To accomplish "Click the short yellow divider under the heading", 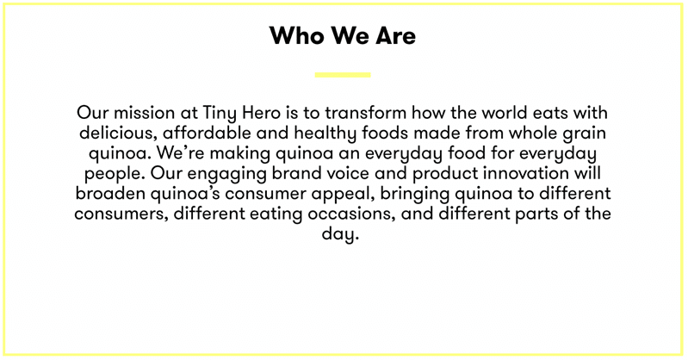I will click(x=343, y=75).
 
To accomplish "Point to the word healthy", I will click(x=331, y=134).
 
